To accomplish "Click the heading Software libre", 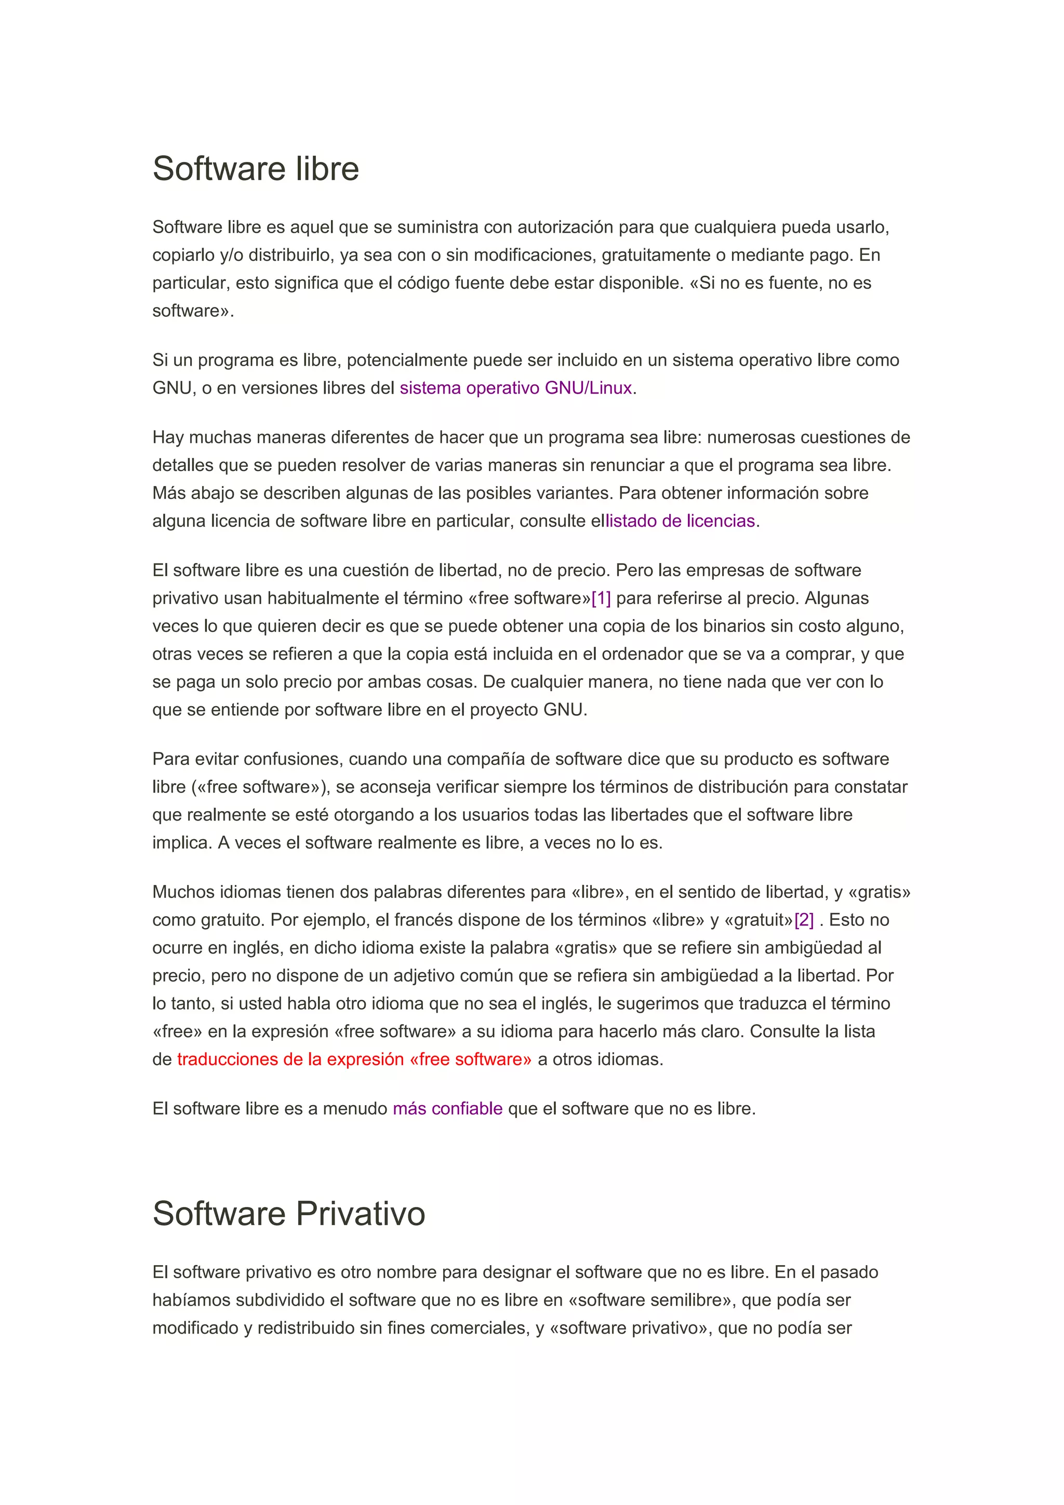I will tap(256, 169).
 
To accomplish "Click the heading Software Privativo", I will tap(288, 1213).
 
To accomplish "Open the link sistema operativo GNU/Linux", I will tap(515, 388).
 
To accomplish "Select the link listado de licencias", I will tap(680, 521).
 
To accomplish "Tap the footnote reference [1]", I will tap(601, 598).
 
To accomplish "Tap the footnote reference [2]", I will tap(804, 920).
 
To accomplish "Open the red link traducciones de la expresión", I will tap(354, 1060).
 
